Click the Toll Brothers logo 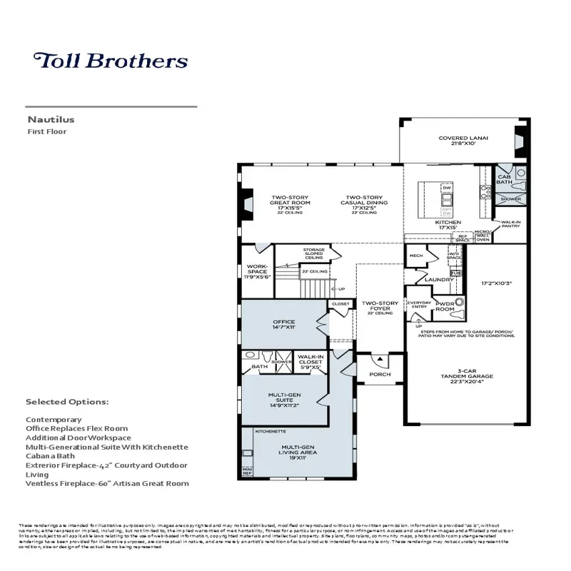[x=111, y=61]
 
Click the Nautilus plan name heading [x=51, y=120]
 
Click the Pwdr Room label [x=445, y=306]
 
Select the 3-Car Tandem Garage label [x=467, y=375]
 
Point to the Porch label [x=380, y=374]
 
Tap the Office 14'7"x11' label [x=283, y=325]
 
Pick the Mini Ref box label [x=248, y=470]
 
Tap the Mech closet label [x=415, y=256]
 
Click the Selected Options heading [x=67, y=402]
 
